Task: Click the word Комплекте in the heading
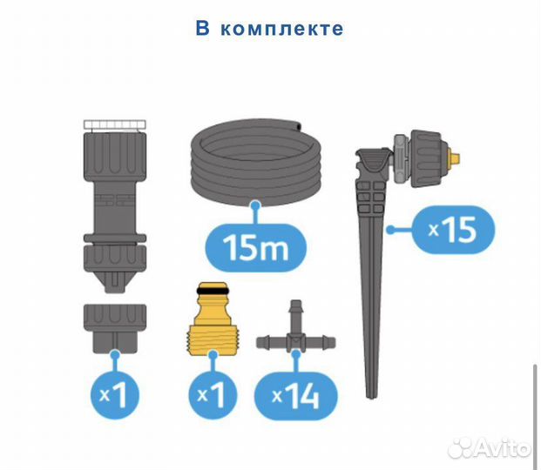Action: [x=281, y=29]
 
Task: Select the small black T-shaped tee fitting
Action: [x=295, y=337]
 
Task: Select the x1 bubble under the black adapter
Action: [x=116, y=397]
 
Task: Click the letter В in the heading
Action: [x=202, y=29]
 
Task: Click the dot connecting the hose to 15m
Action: [x=256, y=205]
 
